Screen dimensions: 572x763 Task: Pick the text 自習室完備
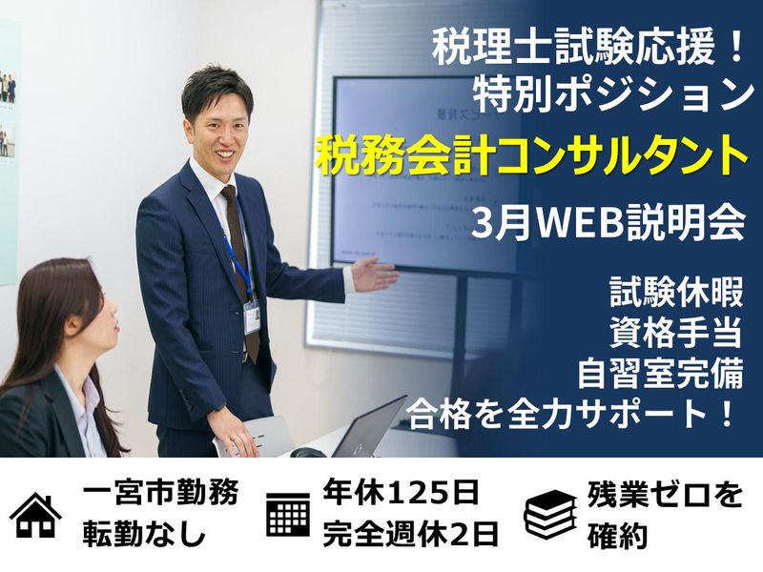[658, 373]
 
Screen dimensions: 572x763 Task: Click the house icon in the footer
[36, 515]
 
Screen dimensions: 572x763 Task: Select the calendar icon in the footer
[288, 515]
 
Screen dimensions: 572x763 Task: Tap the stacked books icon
[550, 515]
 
